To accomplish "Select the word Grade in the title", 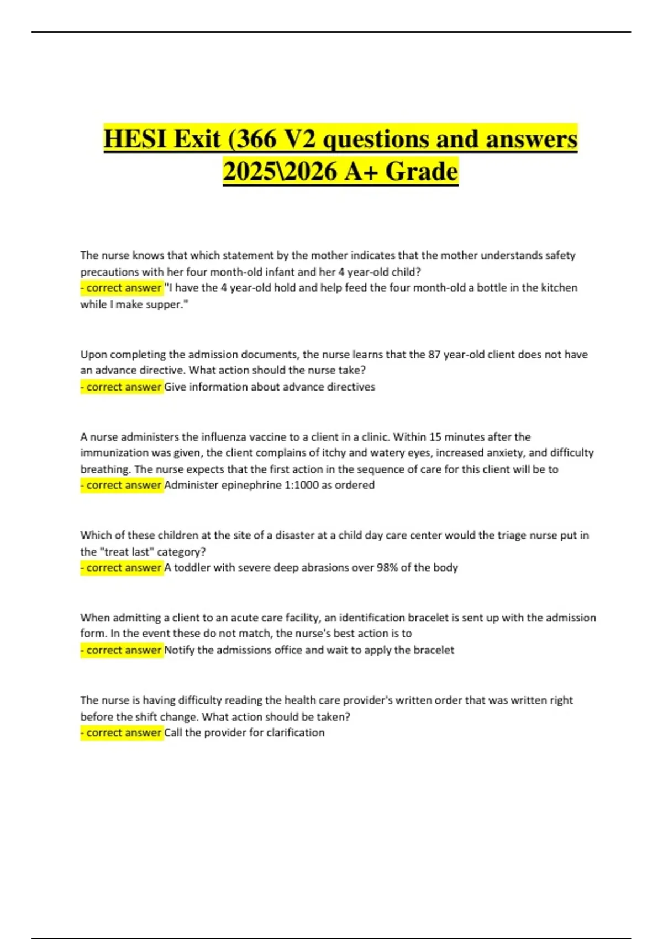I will [x=422, y=171].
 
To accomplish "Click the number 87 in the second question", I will [x=434, y=355].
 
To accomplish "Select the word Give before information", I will [x=175, y=387].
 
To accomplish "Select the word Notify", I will [x=179, y=650].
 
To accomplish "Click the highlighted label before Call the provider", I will [x=122, y=733].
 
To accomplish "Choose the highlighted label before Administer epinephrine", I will [x=122, y=486].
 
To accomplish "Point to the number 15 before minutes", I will [x=435, y=437].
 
